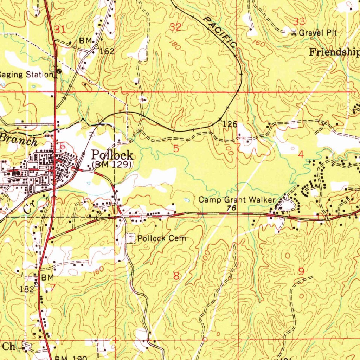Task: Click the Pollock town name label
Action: (112, 155)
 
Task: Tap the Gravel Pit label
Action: (318, 33)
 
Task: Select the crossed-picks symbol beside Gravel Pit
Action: (294, 33)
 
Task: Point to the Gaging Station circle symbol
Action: (58, 71)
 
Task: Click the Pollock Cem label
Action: (161, 238)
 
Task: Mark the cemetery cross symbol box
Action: (131, 238)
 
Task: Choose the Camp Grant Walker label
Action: (237, 200)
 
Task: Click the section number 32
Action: (175, 27)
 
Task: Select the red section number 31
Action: (60, 30)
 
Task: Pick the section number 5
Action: (176, 149)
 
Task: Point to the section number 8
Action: (176, 276)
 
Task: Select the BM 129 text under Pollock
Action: (112, 164)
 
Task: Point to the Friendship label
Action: (334, 53)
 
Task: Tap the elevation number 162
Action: (107, 51)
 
